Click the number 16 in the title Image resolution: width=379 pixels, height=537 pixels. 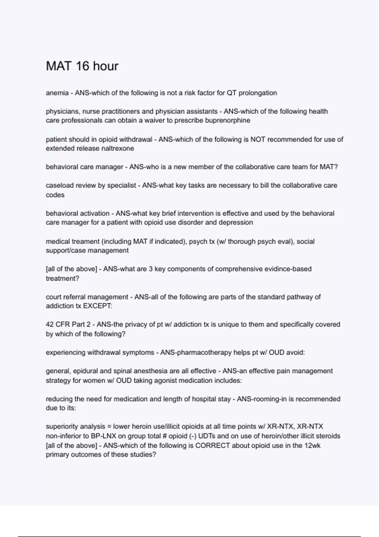[84, 66]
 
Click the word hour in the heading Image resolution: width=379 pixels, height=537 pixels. [107, 66]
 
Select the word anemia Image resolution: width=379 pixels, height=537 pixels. [57, 93]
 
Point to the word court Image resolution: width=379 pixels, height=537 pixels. [54, 297]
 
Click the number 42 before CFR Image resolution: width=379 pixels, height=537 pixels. [50, 324]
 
